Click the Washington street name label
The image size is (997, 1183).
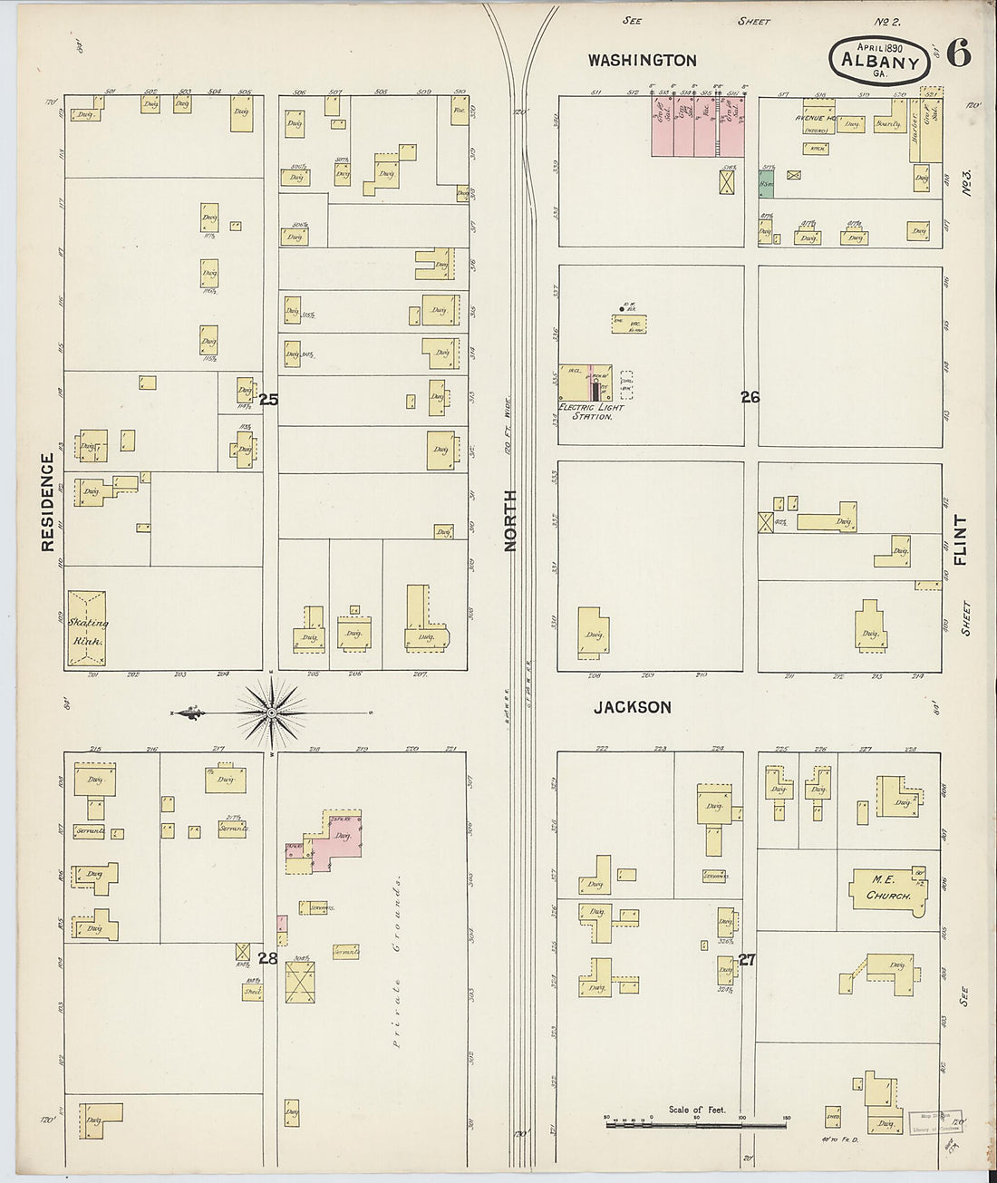point(642,61)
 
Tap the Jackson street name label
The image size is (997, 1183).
point(632,707)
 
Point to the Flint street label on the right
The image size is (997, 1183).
point(960,541)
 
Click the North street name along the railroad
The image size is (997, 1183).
point(511,521)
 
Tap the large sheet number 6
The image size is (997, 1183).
point(959,54)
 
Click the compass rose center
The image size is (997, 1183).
point(271,713)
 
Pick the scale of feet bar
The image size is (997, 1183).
point(697,1125)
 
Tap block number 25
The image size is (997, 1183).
point(267,399)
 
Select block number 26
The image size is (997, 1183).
point(750,396)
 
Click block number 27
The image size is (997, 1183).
point(747,960)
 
